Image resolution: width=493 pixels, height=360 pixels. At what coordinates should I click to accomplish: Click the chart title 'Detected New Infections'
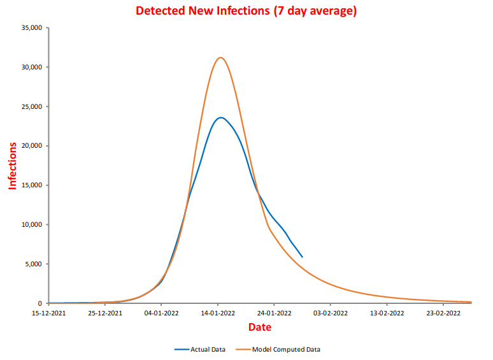pyautogui.click(x=246, y=11)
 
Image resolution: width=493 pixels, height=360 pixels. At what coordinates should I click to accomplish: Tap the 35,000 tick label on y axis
pyautogui.click(x=31, y=28)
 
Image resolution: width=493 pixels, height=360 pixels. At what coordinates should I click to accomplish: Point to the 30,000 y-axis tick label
pyautogui.click(x=31, y=67)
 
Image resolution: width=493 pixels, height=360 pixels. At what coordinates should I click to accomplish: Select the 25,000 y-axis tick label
pyautogui.click(x=31, y=106)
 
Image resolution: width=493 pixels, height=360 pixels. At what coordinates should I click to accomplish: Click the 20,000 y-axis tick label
pyautogui.click(x=31, y=146)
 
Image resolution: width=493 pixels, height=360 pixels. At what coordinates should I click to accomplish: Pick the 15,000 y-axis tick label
pyautogui.click(x=31, y=185)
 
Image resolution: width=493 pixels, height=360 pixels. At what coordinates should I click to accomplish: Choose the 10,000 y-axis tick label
pyautogui.click(x=31, y=224)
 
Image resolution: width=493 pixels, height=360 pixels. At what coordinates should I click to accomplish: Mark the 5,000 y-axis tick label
pyautogui.click(x=33, y=264)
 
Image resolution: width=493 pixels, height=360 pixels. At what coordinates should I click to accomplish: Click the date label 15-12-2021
pyautogui.click(x=49, y=313)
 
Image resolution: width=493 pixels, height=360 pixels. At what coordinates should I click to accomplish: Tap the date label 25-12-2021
pyautogui.click(x=105, y=313)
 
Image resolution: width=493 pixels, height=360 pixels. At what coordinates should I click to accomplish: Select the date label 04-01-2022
pyautogui.click(x=162, y=313)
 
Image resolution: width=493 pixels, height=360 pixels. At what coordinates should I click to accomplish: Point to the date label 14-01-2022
pyautogui.click(x=218, y=313)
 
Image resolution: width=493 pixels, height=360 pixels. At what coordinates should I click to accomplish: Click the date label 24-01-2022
pyautogui.click(x=274, y=313)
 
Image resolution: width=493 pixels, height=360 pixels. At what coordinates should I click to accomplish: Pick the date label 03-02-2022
pyautogui.click(x=331, y=313)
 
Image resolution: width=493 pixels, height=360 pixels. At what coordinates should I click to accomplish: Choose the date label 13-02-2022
pyautogui.click(x=387, y=313)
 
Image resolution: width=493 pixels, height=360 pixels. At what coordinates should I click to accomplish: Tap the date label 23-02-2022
pyautogui.click(x=443, y=313)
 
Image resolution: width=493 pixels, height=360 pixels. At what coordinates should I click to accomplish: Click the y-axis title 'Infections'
pyautogui.click(x=12, y=166)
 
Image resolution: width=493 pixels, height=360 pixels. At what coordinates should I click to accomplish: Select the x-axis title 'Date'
pyautogui.click(x=260, y=328)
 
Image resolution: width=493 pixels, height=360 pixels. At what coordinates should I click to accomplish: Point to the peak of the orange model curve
pyautogui.click(x=220, y=57)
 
